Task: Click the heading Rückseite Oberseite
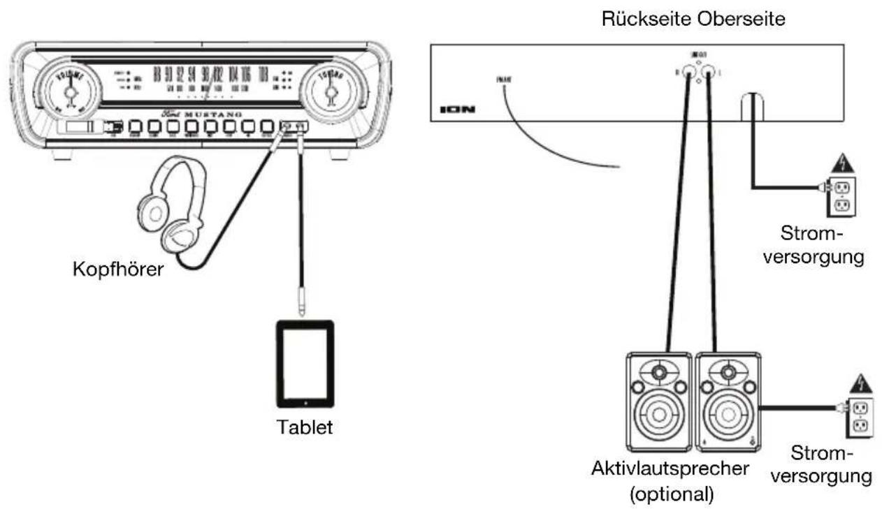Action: tap(693, 19)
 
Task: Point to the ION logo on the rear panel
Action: tap(456, 110)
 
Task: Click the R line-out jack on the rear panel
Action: tap(690, 71)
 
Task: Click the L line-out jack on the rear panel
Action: tap(709, 71)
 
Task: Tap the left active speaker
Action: tap(659, 401)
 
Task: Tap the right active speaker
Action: tap(728, 401)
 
